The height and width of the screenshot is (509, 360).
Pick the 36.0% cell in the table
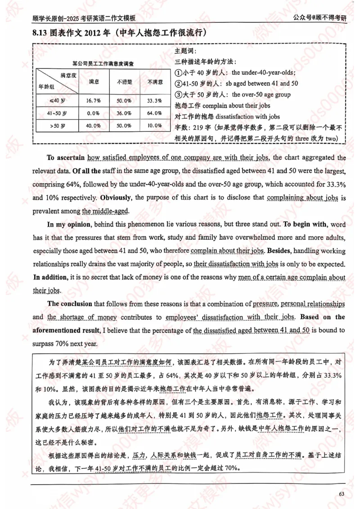coord(124,113)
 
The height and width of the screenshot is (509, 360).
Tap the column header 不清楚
coord(124,82)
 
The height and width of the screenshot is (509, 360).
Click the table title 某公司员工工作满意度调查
coord(106,63)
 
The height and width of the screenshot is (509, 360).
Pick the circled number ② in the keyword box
coord(178,84)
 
